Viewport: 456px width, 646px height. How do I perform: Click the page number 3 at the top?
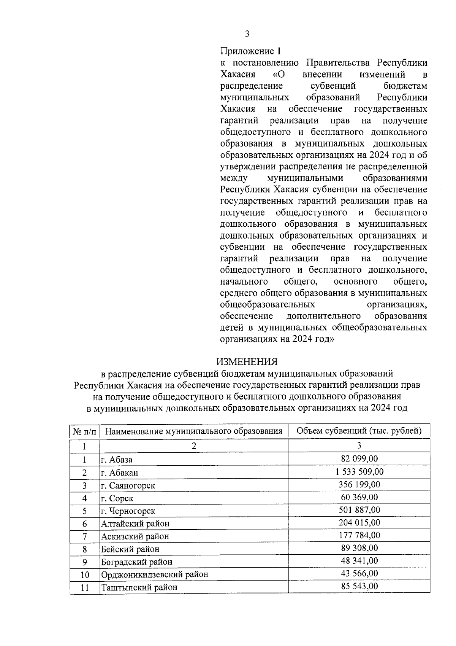click(247, 35)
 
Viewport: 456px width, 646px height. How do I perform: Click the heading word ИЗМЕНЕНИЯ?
click(247, 361)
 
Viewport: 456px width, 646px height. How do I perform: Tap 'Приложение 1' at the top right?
click(252, 51)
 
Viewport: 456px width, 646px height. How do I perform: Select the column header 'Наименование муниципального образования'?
click(193, 431)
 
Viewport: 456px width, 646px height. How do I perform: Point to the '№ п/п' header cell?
click(84, 431)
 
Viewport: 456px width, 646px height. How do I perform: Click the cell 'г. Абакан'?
click(119, 473)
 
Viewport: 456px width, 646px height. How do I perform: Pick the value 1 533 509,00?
click(359, 472)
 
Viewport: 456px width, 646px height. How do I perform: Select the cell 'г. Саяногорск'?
click(128, 485)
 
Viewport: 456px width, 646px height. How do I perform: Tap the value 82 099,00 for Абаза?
click(359, 459)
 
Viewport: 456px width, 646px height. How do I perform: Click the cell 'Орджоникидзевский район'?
click(154, 574)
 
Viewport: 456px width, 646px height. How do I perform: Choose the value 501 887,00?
click(359, 510)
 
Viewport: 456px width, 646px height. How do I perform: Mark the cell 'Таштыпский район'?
click(139, 587)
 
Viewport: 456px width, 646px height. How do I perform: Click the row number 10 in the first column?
click(84, 574)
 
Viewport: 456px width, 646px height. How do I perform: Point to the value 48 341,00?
click(359, 561)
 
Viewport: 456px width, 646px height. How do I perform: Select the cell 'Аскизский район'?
click(135, 536)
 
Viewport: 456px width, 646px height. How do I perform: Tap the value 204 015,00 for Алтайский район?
click(359, 523)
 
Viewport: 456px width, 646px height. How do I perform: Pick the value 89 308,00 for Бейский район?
click(359, 548)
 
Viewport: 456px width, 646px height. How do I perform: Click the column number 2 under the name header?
click(193, 446)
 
